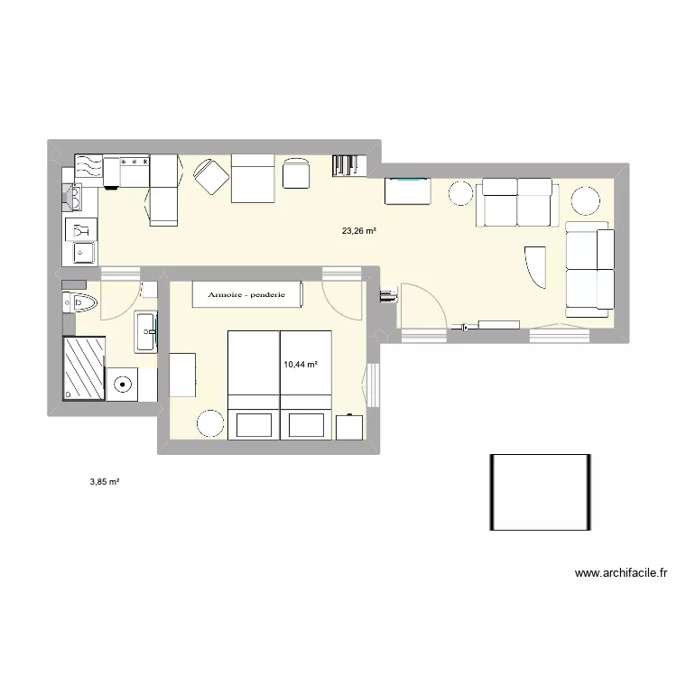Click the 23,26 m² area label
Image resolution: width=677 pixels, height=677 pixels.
(x=358, y=231)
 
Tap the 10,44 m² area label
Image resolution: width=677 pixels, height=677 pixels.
(x=301, y=365)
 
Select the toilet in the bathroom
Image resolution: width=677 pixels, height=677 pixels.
(x=81, y=302)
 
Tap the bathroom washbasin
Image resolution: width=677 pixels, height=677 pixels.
(x=145, y=331)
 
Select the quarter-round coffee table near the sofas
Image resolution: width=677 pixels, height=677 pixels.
(x=535, y=265)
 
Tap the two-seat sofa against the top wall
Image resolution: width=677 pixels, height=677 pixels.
(x=517, y=201)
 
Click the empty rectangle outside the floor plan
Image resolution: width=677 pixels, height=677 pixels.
(x=541, y=492)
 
